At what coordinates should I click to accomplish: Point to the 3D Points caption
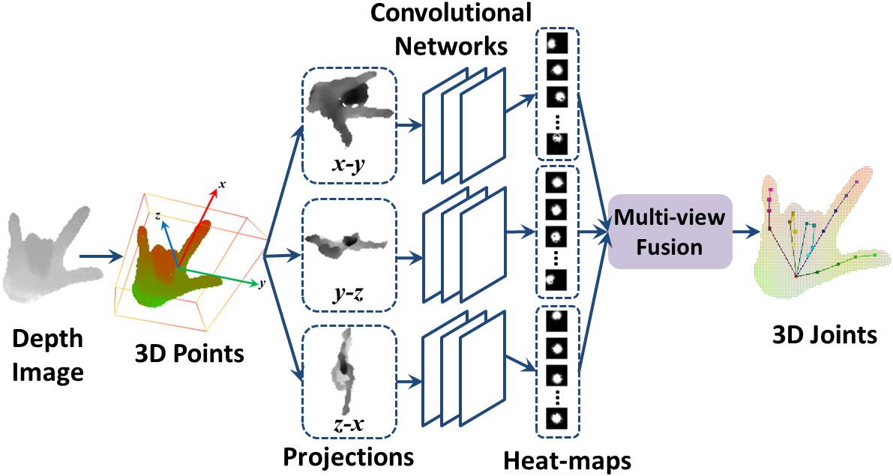[189, 353]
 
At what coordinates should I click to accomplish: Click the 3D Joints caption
[825, 334]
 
